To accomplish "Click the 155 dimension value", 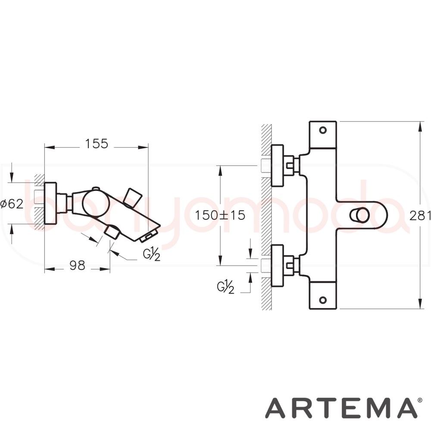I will coord(97,144).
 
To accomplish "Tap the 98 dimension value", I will coord(77,266).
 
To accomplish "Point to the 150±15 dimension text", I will coord(219,215).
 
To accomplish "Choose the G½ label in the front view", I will coord(226,286).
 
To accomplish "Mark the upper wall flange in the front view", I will coord(278,166).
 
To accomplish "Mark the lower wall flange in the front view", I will coord(278,265).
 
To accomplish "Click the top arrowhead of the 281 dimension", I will coord(421,125).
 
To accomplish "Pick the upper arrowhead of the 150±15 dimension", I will coord(220,169).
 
